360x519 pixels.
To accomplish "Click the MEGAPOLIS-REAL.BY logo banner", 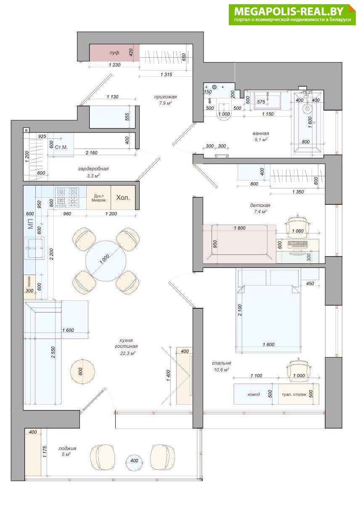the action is click(x=292, y=15).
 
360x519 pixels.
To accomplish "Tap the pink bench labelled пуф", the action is click(x=114, y=53).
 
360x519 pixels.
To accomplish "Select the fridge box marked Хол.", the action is click(x=123, y=198).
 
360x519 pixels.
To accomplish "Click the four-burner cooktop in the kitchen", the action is click(x=67, y=197).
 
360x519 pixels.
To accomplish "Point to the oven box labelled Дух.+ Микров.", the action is click(x=99, y=198).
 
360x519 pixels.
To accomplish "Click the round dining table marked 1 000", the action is click(x=106, y=261).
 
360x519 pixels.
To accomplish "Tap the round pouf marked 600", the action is click(x=82, y=371).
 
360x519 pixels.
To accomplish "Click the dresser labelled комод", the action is click(x=253, y=394).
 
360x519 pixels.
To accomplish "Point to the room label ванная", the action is click(x=261, y=133).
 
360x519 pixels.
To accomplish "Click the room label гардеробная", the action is click(x=93, y=169).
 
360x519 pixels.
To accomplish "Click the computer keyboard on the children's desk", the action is click(x=298, y=244).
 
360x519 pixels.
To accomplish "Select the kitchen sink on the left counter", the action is click(x=35, y=249).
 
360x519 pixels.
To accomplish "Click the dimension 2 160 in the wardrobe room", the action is click(x=92, y=153).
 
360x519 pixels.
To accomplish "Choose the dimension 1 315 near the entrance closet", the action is click(x=166, y=74).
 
